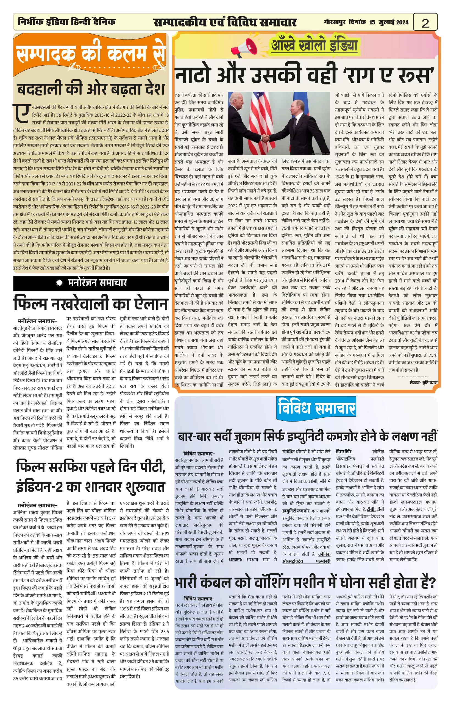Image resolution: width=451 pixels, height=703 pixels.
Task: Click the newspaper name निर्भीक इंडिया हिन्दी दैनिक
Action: [x=66, y=22]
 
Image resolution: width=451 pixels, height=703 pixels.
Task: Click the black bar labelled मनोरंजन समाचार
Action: [x=91, y=283]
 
